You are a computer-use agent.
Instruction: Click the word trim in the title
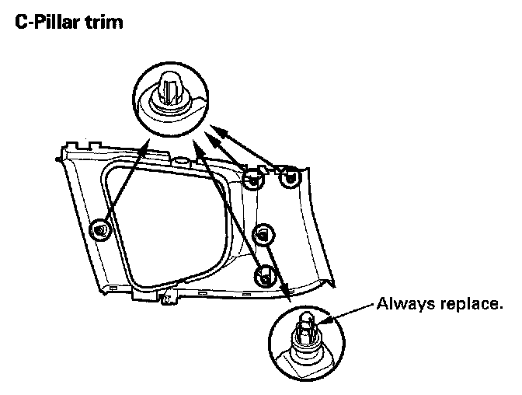point(105,22)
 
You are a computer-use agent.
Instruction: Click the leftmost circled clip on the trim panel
point(99,230)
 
